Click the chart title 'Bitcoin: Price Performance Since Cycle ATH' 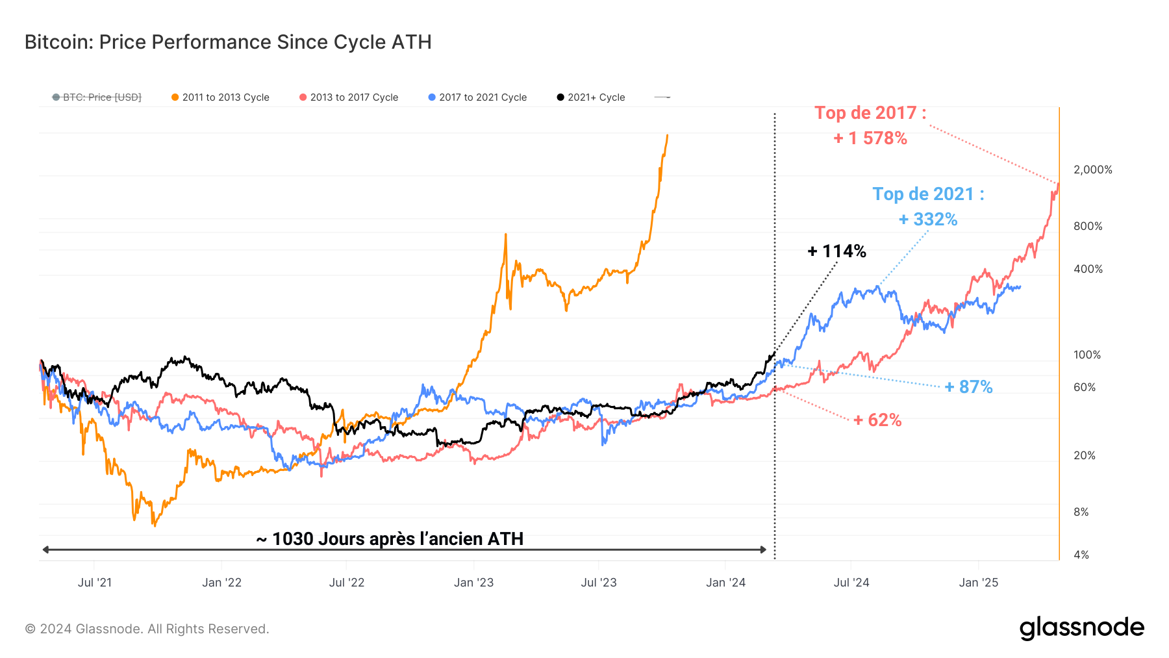(x=228, y=42)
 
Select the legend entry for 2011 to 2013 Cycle (x=220, y=97)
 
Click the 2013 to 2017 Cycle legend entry (x=349, y=97)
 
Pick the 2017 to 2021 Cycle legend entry (x=477, y=97)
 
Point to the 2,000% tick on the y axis (x=1092, y=170)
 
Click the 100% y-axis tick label (x=1087, y=355)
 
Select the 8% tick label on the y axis (x=1081, y=512)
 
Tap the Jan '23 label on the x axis (x=473, y=583)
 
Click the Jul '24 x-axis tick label (x=851, y=583)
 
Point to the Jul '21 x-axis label (x=95, y=583)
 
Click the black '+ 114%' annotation (x=836, y=251)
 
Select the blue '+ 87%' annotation (x=968, y=387)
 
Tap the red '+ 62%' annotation (x=877, y=420)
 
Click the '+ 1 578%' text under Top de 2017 (x=870, y=138)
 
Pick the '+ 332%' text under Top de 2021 (x=928, y=220)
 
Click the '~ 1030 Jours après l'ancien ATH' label (x=390, y=539)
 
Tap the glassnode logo (x=1081, y=628)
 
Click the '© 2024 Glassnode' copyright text (x=147, y=629)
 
